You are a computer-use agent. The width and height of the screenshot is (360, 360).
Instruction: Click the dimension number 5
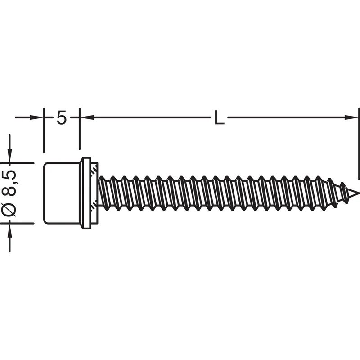point(61,117)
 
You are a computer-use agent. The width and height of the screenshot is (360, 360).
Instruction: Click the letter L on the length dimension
point(219,117)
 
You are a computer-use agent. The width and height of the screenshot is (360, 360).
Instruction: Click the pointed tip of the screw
point(358,193)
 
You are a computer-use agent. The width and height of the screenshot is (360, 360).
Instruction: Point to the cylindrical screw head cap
point(62,193)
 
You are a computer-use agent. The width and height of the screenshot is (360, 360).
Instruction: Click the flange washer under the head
point(86,193)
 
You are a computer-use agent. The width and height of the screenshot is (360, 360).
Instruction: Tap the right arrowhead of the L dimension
point(351,117)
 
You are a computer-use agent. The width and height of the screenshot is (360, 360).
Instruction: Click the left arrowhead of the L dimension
point(87,117)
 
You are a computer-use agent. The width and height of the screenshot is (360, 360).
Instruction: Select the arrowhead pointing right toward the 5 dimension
point(37,117)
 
